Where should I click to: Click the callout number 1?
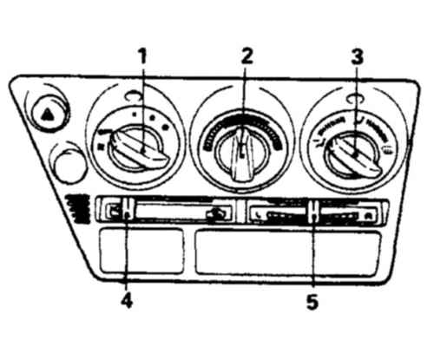142,56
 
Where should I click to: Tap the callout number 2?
247,56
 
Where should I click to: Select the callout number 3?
357,56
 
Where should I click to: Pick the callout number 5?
312,302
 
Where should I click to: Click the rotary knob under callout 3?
353,154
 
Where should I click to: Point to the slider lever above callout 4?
128,209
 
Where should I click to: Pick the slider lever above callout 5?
313,213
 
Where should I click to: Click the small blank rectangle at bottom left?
141,251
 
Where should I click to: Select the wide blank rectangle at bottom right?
288,252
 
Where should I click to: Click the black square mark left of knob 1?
101,147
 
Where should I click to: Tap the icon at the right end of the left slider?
215,214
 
